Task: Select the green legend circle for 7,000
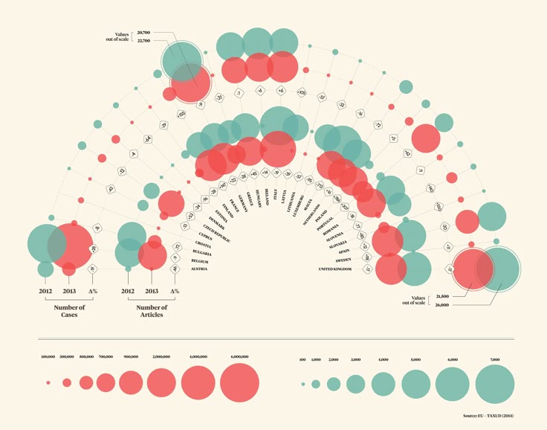coord(494,383)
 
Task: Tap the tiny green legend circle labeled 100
coord(302,384)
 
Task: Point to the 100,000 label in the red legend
coord(48,357)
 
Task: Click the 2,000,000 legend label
coord(160,357)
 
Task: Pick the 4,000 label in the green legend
coord(383,359)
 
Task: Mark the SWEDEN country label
coord(344,260)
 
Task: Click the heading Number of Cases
coord(69,311)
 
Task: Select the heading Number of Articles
coord(151,311)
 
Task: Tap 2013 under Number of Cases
coord(69,291)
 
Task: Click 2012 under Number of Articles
coord(128,291)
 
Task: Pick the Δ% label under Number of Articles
coord(175,291)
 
